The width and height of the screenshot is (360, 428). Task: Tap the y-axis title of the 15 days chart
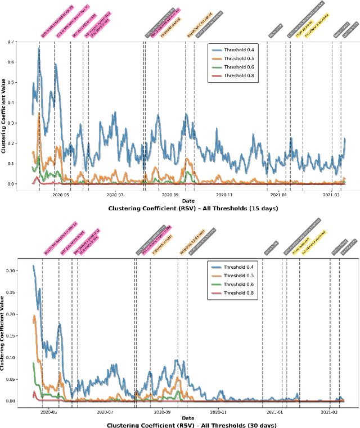pos(5,112)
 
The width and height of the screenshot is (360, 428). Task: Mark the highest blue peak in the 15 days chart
pos(39,49)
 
